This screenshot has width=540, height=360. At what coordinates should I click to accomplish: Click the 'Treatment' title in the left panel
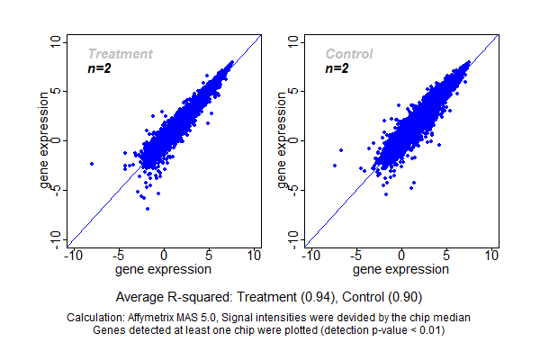click(x=120, y=54)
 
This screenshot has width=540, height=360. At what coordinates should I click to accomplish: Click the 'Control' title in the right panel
click(x=349, y=54)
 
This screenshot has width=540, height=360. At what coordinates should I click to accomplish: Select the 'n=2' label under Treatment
click(x=99, y=68)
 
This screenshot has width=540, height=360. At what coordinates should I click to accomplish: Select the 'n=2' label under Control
click(x=337, y=68)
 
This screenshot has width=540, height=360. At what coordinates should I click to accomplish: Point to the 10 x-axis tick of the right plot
click(x=492, y=256)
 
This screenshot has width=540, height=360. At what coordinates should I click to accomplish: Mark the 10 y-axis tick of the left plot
click(x=57, y=42)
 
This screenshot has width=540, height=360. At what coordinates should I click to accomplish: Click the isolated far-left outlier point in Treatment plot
click(x=92, y=163)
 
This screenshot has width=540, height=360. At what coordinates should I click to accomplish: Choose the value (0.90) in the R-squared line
click(x=405, y=296)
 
